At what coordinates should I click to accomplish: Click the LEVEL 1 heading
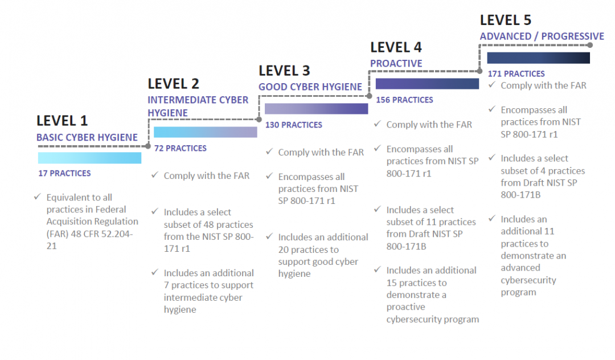62,121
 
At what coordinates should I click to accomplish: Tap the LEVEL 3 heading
284,71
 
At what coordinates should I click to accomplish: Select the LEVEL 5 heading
506,21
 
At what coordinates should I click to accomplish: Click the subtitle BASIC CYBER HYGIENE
87,137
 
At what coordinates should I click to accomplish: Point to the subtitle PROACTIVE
396,63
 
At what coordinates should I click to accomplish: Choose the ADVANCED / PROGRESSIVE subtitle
542,36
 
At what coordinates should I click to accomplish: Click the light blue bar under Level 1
89,158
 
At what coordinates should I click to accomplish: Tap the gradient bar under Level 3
316,109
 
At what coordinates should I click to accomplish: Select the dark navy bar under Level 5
538,58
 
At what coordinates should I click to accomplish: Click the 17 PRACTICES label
64,173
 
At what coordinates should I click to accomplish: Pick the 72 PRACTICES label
181,148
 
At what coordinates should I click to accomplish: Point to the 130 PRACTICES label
293,125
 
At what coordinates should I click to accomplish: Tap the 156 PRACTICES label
404,100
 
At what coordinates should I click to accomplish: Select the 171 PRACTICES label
516,73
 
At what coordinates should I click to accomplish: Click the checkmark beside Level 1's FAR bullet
38,197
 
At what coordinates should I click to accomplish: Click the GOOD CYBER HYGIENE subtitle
310,87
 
